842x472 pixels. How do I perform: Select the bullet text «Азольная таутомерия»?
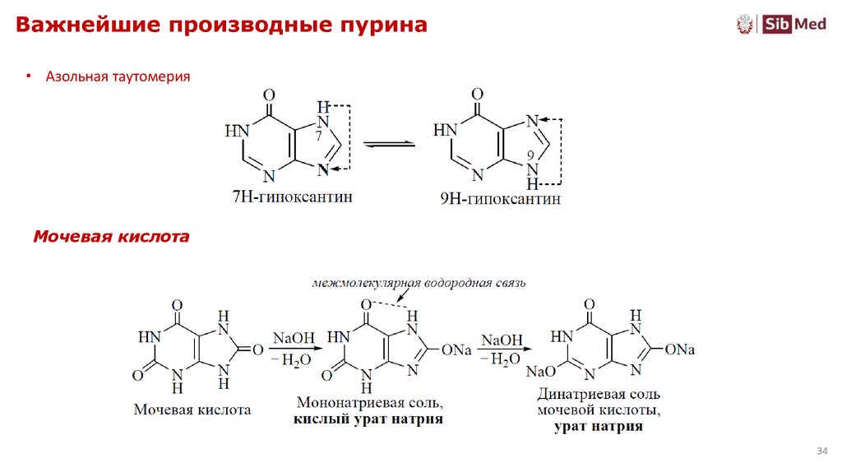point(118,76)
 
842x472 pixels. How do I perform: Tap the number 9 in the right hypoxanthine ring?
point(530,156)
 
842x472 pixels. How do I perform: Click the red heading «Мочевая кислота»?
point(111,237)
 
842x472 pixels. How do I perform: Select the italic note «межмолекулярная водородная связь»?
point(419,284)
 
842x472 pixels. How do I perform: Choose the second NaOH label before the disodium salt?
point(501,340)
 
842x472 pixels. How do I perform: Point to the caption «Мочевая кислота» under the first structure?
point(192,409)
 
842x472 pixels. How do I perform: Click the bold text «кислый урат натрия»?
point(368,419)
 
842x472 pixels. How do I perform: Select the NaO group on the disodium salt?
point(537,373)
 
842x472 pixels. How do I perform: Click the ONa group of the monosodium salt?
point(456,350)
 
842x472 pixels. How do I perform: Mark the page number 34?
point(821,451)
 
